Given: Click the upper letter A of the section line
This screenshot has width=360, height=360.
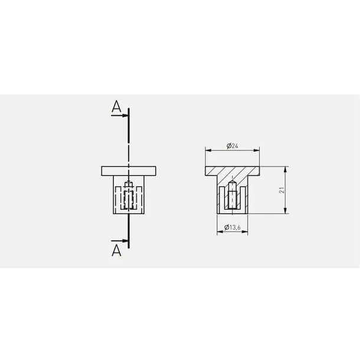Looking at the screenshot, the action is [116, 107].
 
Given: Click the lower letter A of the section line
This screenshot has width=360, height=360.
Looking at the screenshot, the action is [116, 250].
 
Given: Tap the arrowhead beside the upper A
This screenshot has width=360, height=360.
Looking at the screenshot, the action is [125, 115].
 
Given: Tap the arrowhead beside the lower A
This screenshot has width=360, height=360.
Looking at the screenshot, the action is [125, 241].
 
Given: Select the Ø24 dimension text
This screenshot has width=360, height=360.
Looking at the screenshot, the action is [233, 146].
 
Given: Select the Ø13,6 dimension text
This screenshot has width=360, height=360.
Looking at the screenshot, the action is [233, 227].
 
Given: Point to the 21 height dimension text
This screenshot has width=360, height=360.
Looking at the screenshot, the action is [282, 190].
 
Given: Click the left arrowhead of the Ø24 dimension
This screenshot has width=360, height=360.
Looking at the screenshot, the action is [208, 150].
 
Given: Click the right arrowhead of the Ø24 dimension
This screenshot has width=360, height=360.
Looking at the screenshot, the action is [257, 150].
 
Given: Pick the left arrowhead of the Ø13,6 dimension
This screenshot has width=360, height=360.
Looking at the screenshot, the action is [220, 232].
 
